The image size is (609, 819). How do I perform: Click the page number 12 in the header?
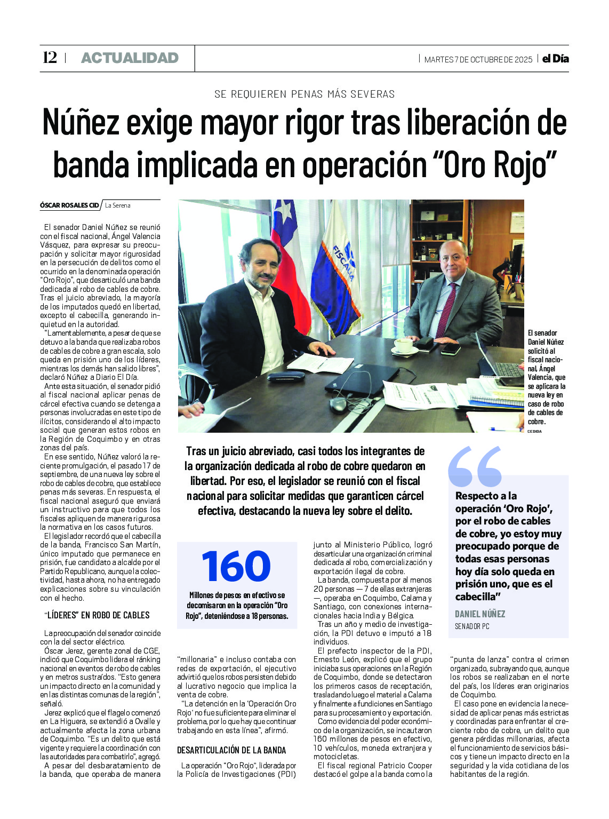(x=50, y=58)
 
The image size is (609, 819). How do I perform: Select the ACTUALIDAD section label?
(x=130, y=58)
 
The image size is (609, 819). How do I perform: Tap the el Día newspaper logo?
(x=555, y=59)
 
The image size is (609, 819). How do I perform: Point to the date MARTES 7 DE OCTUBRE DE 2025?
(x=478, y=59)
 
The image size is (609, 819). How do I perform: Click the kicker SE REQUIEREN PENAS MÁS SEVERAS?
(x=304, y=94)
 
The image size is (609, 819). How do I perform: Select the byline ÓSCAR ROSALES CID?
(x=69, y=205)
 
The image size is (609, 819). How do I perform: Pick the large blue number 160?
(x=236, y=566)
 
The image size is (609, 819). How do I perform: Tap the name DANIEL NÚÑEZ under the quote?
(x=480, y=614)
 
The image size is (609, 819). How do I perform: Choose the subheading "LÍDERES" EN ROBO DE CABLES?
(x=97, y=615)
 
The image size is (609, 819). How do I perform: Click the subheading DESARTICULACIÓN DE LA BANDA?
(x=231, y=750)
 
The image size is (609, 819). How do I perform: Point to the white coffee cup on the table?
(x=404, y=345)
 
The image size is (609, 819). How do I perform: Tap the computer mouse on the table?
(x=338, y=404)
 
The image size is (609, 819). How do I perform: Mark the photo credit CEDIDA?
(x=535, y=431)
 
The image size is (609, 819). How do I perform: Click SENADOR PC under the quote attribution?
(x=472, y=626)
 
